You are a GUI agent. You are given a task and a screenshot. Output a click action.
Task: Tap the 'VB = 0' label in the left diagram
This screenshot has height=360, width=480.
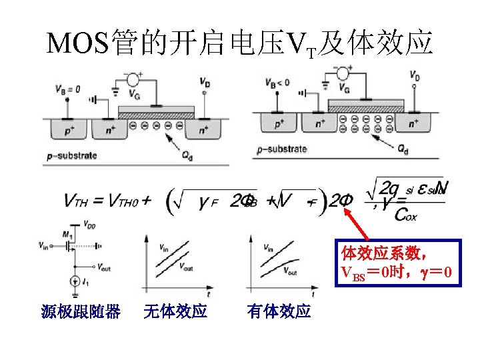pyautogui.click(x=68, y=89)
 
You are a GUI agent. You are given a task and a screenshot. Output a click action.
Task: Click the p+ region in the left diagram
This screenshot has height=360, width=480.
pyautogui.click(x=69, y=131)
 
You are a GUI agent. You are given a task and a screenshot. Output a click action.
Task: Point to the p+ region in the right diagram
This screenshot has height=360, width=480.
pyautogui.click(x=279, y=123)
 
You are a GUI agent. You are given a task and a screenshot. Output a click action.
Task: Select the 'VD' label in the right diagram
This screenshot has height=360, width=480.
pyautogui.click(x=414, y=77)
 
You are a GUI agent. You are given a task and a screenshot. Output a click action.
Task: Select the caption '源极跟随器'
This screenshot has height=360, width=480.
pyautogui.click(x=80, y=311)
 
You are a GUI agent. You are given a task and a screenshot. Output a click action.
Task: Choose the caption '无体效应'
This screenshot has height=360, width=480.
pyautogui.click(x=175, y=311)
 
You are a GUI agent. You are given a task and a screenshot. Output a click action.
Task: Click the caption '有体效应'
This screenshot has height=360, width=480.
pyautogui.click(x=279, y=311)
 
